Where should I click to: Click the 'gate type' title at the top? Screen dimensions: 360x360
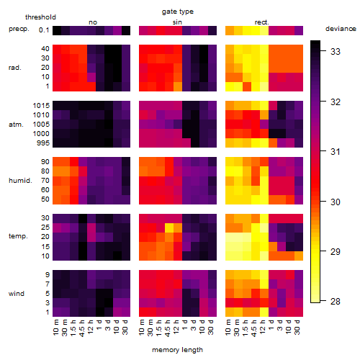178,12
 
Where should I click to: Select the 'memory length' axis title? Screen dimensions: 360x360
177,350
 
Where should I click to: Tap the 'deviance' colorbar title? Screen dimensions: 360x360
341,29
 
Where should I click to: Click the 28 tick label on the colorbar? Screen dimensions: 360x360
336,301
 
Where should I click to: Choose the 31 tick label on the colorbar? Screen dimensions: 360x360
336,151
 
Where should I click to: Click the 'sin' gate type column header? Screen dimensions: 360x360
177,22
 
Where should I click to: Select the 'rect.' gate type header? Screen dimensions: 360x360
261,22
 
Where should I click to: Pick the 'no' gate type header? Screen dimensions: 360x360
93,22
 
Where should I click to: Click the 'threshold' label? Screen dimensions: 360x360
40,17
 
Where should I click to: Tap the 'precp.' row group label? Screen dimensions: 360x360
19,29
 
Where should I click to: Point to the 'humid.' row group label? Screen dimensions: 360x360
20,181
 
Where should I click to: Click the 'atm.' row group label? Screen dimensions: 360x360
16,125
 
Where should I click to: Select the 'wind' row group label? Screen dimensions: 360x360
17,294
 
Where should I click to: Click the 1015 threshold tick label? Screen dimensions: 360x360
41,106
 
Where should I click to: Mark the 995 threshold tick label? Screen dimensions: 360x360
43,143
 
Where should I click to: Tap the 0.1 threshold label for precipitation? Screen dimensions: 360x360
44,30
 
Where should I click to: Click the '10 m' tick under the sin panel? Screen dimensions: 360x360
143,327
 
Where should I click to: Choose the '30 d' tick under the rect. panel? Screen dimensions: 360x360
297,327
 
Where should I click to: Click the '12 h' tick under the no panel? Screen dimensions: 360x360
90,327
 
